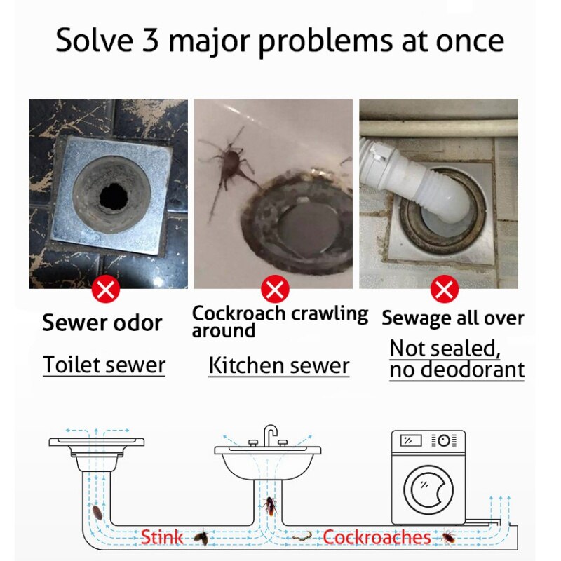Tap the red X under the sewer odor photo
(x=106, y=289)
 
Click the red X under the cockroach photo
(x=275, y=289)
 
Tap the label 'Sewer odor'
(x=102, y=323)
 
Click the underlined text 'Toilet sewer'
(x=104, y=365)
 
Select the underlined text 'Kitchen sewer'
(x=278, y=365)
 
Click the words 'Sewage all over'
(x=452, y=318)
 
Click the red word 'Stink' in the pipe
(x=161, y=538)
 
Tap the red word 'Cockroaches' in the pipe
(x=377, y=538)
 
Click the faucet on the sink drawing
(x=270, y=435)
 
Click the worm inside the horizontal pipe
(x=302, y=536)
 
